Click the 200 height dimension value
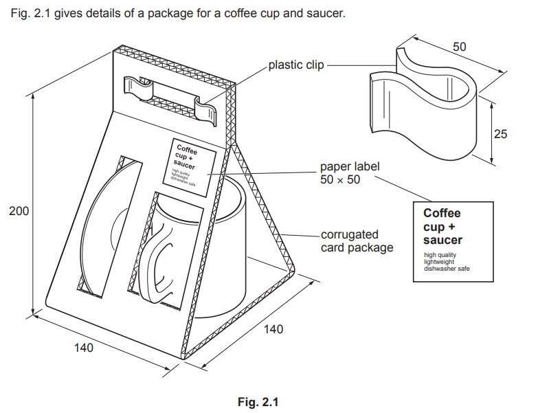(19, 211)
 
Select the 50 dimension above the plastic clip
(460, 47)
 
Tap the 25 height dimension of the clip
(500, 134)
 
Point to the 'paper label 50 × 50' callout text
(350, 173)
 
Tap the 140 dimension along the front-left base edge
(83, 348)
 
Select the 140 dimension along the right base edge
(273, 330)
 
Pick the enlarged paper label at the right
(453, 241)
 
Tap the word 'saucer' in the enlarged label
(442, 240)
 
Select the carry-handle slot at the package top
(172, 93)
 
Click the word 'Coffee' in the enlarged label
(442, 213)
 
